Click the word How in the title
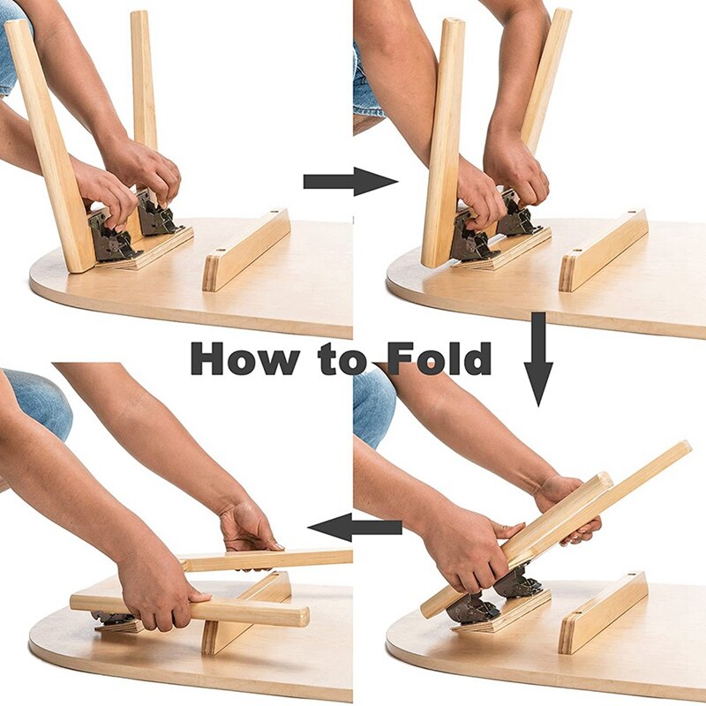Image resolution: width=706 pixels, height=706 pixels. (244, 358)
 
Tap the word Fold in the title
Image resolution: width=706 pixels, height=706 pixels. (439, 358)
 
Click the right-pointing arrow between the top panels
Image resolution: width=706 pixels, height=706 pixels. (350, 182)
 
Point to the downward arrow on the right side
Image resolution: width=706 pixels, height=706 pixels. (538, 359)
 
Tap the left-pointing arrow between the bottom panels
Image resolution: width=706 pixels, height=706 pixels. (355, 527)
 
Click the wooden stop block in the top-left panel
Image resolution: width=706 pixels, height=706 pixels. (246, 250)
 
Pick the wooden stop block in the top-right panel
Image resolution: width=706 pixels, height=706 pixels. (604, 250)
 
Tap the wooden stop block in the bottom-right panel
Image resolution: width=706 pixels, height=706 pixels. (604, 613)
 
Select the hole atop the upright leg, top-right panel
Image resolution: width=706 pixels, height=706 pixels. (454, 20)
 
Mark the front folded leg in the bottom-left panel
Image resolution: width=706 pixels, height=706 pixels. (190, 610)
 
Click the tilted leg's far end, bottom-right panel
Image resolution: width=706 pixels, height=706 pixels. (686, 447)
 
